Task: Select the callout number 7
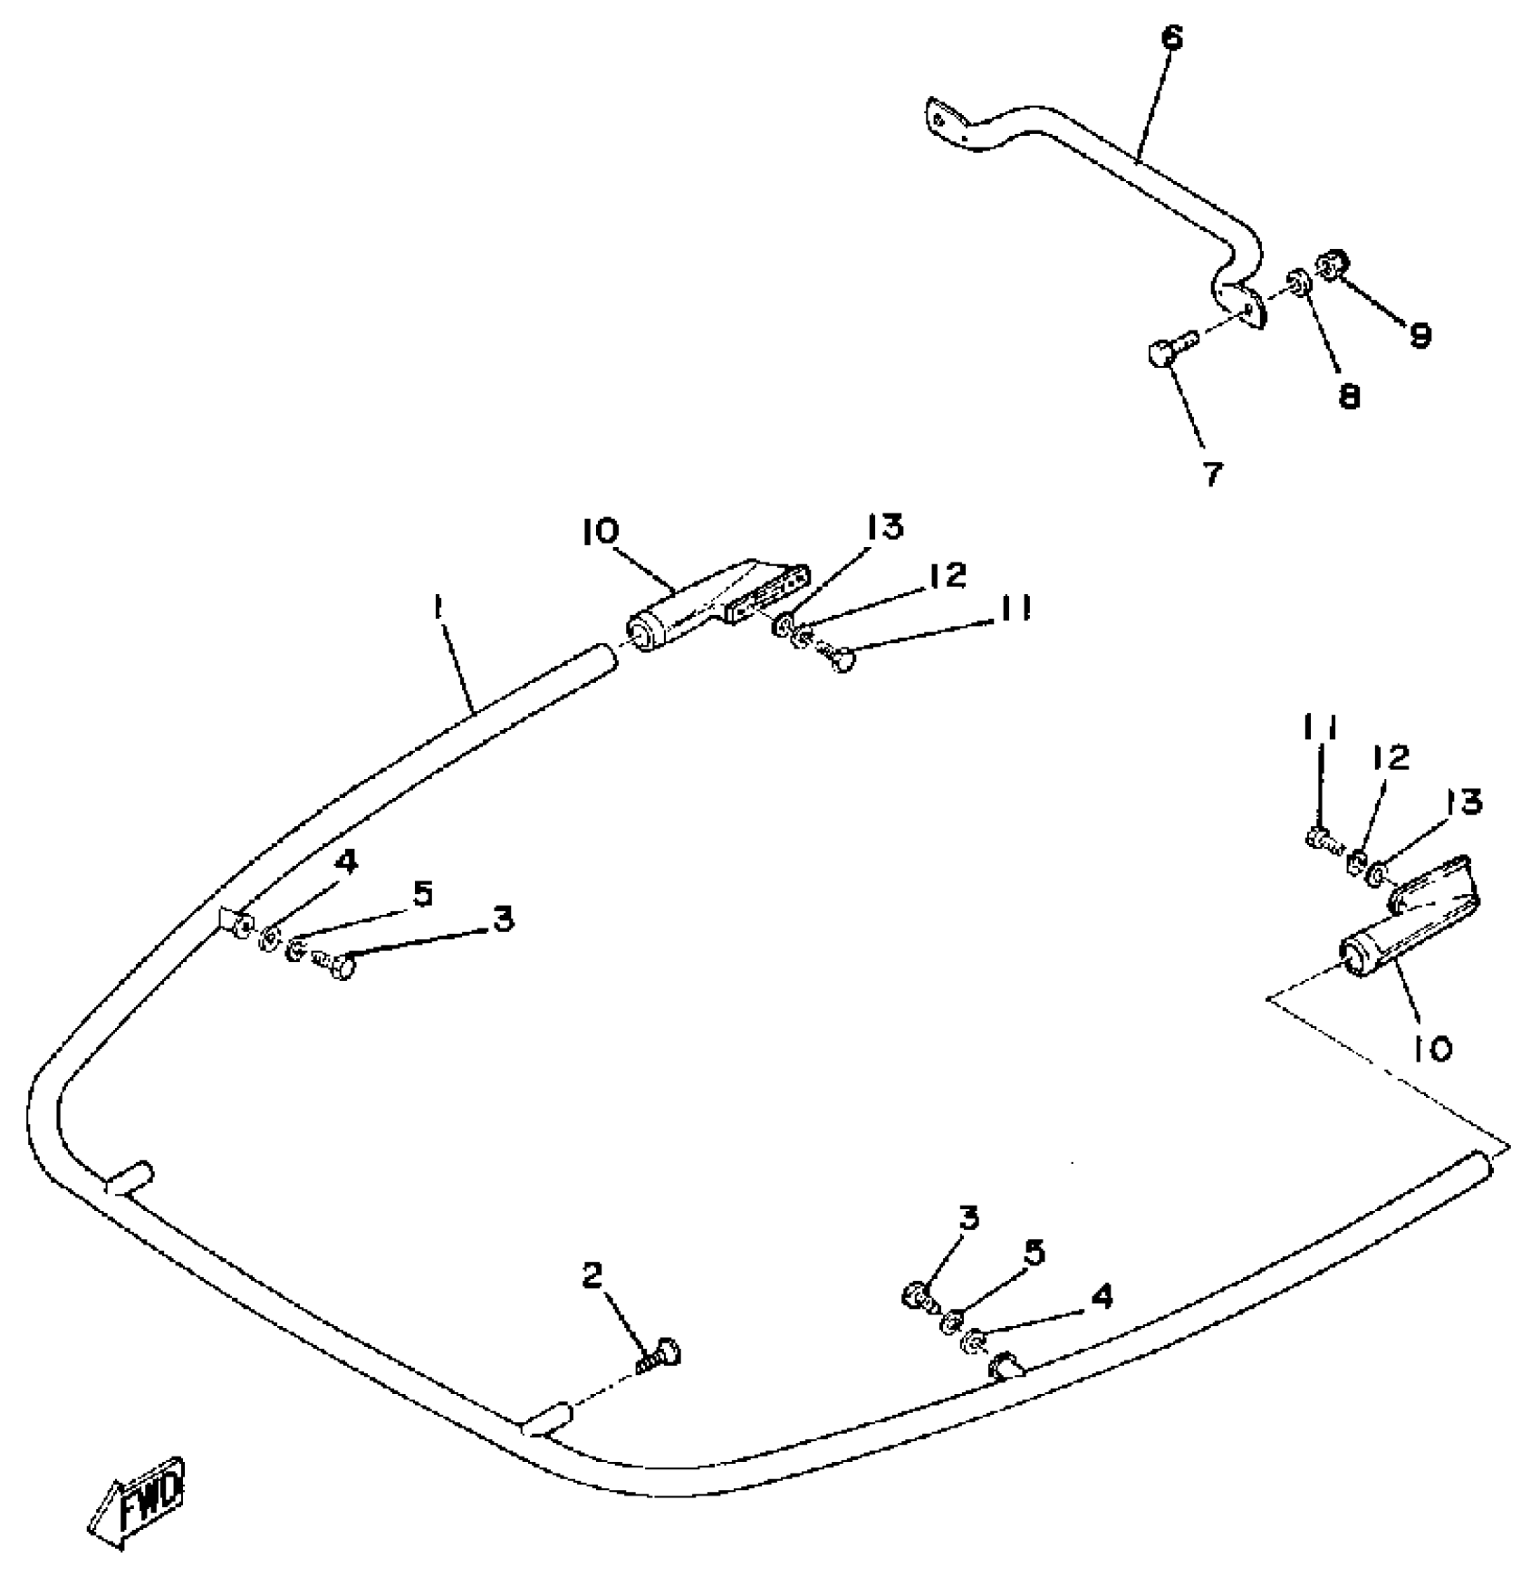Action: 1212,471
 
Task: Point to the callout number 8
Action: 1349,395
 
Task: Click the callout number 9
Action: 1420,335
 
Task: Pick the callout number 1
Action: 438,608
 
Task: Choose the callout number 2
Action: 592,1276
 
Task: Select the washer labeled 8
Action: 1297,281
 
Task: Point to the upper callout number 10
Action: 599,531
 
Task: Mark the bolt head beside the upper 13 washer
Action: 842,661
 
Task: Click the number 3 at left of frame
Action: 504,918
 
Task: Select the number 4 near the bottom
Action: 1102,1296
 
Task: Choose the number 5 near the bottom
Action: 1035,1253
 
